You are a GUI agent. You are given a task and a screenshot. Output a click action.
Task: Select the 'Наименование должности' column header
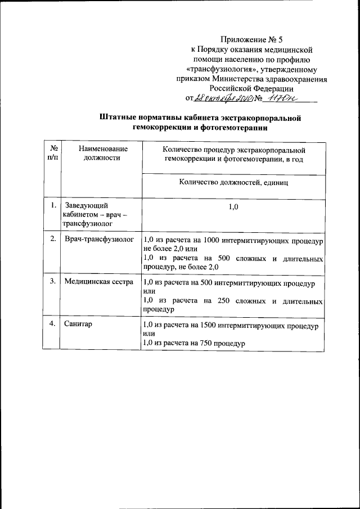[x=102, y=154]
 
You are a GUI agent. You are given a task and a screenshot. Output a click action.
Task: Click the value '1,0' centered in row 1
[x=233, y=208]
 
